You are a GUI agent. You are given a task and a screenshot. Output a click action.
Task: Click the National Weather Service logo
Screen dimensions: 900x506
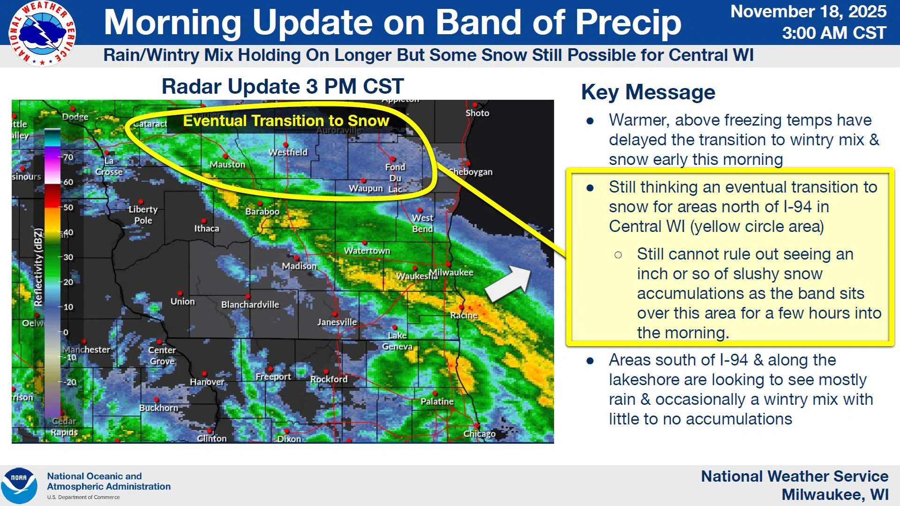[42, 34]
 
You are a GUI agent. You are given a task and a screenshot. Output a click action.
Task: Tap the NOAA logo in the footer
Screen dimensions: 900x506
[19, 486]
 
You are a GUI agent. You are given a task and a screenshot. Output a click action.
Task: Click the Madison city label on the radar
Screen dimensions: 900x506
[299, 266]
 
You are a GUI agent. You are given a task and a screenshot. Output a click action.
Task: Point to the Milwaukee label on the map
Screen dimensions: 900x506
[451, 272]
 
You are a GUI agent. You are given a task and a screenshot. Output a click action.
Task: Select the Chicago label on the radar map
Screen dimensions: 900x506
[479, 434]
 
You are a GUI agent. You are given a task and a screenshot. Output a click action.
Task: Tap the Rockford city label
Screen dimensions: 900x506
[329, 379]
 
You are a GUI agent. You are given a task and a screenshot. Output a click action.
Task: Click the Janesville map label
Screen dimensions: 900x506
[337, 322]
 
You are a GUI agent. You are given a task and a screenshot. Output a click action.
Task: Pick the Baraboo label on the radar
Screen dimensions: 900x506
[262, 211]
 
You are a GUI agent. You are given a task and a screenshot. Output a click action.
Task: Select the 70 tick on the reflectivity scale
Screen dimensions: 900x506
[68, 157]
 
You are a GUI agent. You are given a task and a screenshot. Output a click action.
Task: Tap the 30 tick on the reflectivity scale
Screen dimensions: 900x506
[68, 257]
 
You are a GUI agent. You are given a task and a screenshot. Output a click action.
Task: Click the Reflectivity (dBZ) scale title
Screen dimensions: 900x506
[38, 267]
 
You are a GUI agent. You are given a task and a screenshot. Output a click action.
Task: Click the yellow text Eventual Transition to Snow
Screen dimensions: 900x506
[286, 121]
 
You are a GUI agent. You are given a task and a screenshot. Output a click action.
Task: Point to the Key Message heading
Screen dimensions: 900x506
[648, 92]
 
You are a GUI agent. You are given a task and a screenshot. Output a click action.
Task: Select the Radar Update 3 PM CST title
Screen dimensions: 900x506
[283, 86]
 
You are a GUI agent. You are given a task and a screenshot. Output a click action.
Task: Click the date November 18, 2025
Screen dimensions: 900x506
[809, 11]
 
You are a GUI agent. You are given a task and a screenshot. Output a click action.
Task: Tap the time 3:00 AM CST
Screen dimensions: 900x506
[834, 33]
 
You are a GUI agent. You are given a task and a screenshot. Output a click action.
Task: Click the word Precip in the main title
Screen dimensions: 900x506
[628, 22]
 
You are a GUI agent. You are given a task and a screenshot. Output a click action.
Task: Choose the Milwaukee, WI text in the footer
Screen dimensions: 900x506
[835, 495]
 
